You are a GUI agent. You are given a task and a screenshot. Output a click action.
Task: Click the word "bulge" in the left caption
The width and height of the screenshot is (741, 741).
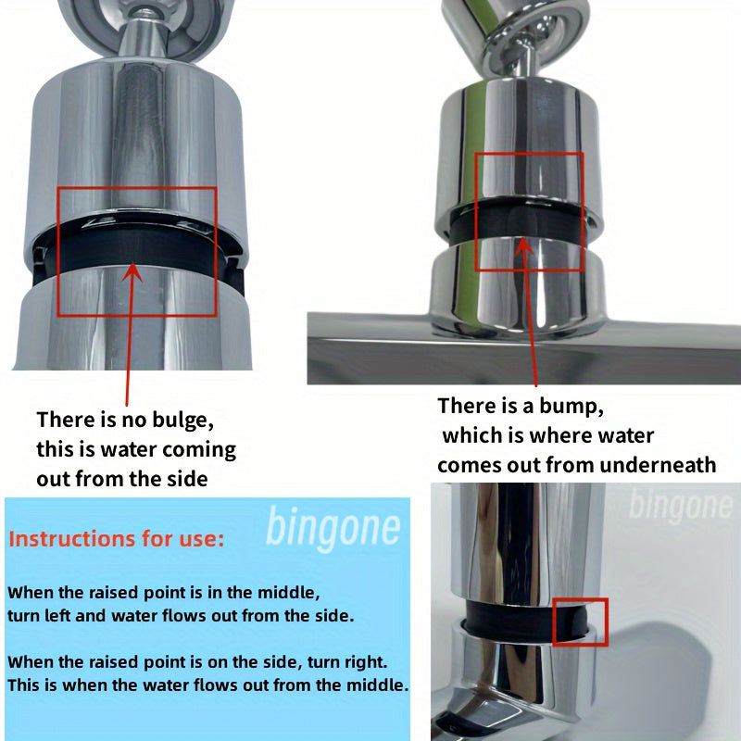coord(181,420)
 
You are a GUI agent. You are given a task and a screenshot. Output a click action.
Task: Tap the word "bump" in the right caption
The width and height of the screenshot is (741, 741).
coord(581,406)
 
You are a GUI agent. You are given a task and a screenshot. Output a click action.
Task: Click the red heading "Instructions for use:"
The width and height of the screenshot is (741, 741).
coord(116,539)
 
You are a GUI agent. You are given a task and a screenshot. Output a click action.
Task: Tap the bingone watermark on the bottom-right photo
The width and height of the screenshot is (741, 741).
coord(679,506)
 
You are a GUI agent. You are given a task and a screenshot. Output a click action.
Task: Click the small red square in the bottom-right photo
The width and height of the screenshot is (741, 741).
coord(580,621)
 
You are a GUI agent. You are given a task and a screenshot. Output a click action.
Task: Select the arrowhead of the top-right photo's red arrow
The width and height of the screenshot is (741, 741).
coord(523,244)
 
